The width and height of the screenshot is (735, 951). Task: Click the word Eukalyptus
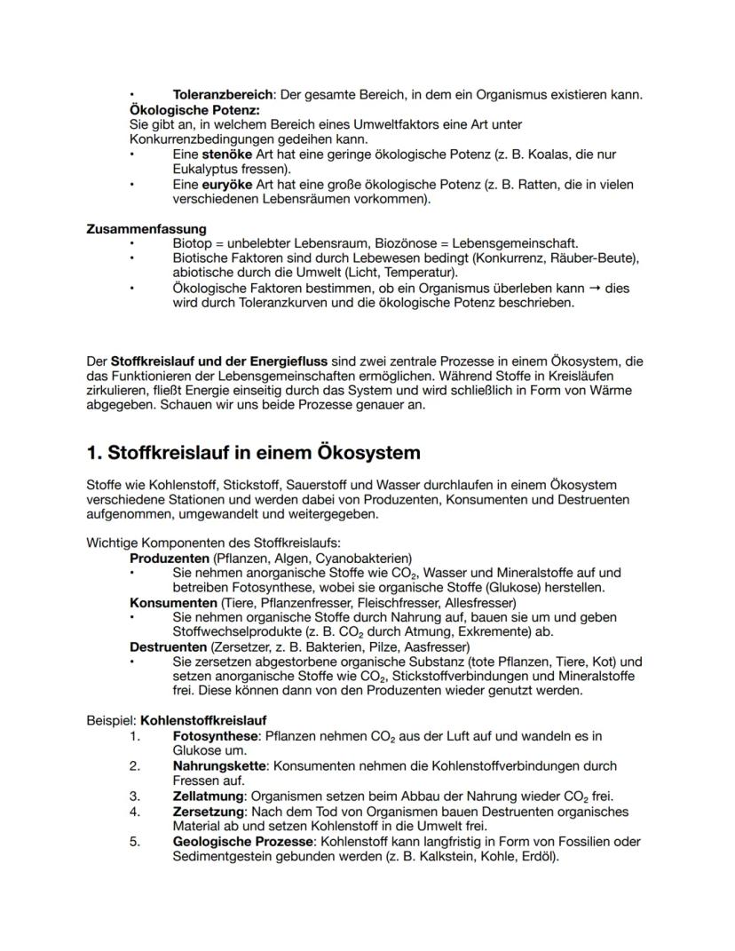[208, 168]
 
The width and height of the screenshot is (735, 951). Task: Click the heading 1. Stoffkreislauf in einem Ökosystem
[253, 452]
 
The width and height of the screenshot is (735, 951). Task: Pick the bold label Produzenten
[170, 559]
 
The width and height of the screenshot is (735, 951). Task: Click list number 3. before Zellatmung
[135, 796]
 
